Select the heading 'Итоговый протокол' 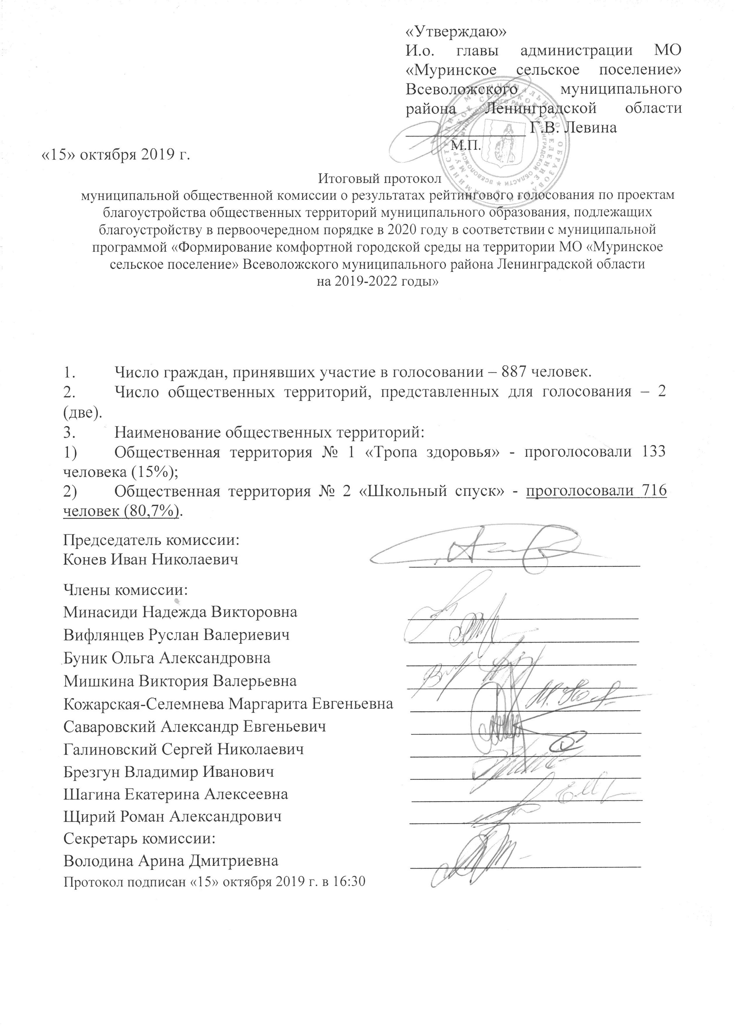point(379,180)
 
